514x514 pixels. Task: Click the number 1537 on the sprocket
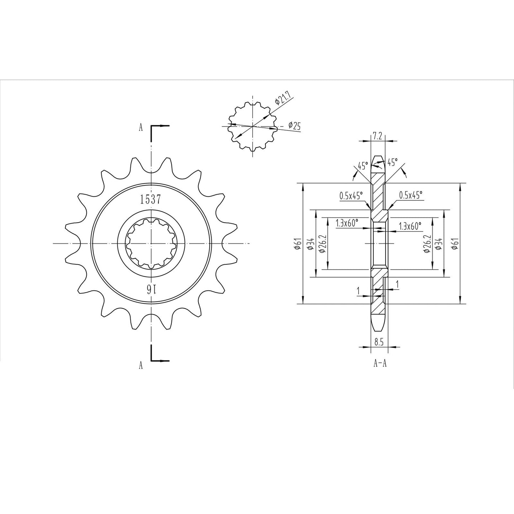coord(150,200)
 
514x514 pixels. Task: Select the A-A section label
coord(380,364)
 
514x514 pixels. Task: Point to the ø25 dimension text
coord(294,125)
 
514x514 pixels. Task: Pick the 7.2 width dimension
coord(377,136)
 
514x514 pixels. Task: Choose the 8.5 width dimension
coord(379,342)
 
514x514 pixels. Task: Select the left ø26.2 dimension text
coord(322,244)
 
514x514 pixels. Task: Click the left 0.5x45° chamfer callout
coord(351,195)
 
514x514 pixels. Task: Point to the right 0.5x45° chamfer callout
coord(410,195)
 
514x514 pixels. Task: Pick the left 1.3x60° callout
coord(347,223)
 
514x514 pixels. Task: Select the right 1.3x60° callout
coord(410,226)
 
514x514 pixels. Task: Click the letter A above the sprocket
coord(141,128)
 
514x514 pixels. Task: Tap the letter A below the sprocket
coord(141,365)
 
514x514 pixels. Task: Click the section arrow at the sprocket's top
coord(161,126)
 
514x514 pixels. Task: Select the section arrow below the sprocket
coord(161,360)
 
